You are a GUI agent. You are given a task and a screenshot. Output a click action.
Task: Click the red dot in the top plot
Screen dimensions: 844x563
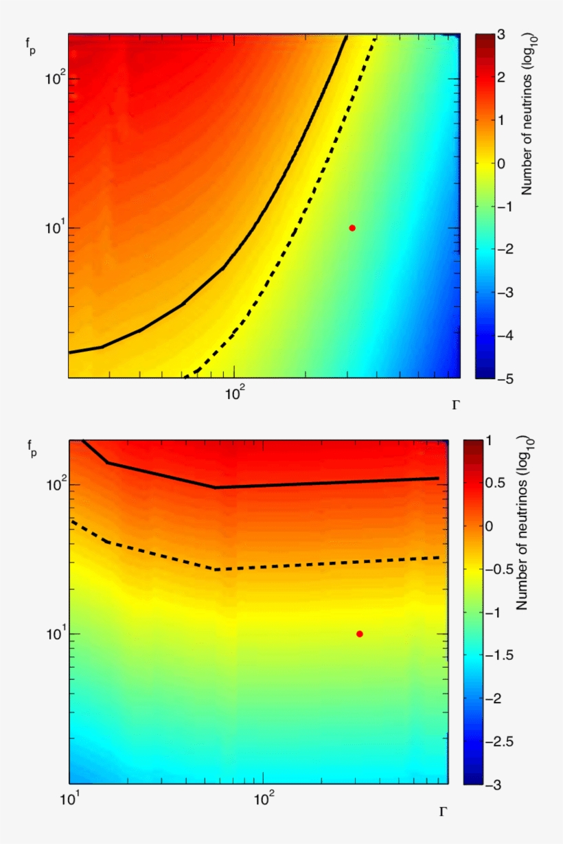(x=352, y=228)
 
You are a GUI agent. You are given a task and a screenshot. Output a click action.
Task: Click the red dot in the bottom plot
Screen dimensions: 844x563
(x=360, y=634)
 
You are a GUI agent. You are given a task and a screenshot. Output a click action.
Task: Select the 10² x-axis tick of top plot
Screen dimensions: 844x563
(x=235, y=394)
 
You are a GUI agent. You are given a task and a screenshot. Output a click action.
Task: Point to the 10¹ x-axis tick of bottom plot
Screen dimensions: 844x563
(x=69, y=800)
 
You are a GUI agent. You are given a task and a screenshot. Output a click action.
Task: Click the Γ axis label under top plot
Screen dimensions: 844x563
(x=456, y=405)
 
